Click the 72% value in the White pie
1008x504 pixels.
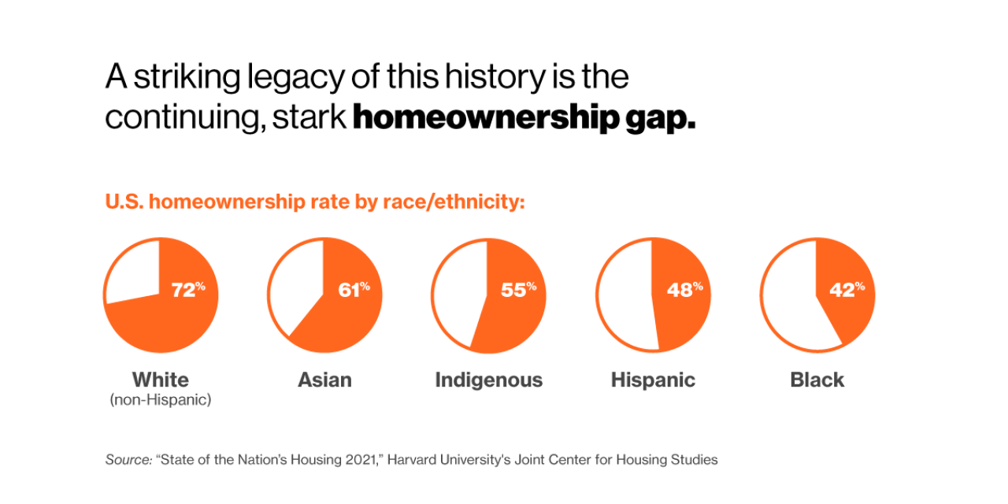coord(187,290)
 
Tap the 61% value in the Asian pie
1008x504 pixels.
coord(353,290)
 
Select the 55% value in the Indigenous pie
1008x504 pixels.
coord(517,290)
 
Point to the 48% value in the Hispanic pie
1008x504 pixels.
coord(684,290)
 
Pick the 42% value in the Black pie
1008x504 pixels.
coord(846,290)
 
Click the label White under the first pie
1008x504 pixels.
coord(161,380)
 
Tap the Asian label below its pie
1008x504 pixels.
coord(324,380)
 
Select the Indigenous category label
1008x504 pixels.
coord(488,380)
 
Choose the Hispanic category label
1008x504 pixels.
coord(653,380)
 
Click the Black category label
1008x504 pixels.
coord(817,380)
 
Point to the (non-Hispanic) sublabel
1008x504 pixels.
coord(161,400)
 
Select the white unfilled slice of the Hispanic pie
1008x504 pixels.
coord(624,295)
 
